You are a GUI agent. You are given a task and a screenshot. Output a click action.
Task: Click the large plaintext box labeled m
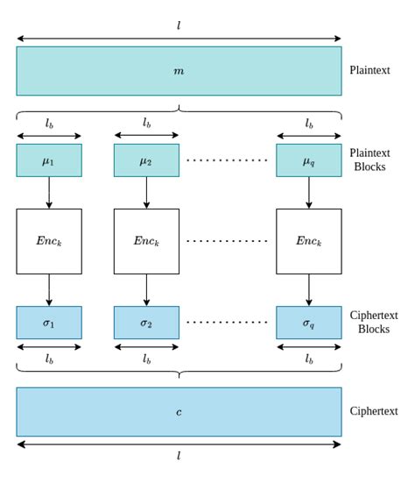(x=179, y=71)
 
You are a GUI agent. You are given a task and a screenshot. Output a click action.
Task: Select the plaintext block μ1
(x=49, y=160)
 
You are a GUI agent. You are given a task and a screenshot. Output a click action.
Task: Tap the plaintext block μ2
(x=146, y=160)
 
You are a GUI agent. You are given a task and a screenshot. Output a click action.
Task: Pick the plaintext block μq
(x=309, y=160)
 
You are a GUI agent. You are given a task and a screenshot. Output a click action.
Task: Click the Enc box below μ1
(x=49, y=241)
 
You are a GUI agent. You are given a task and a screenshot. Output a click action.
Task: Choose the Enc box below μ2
(x=146, y=241)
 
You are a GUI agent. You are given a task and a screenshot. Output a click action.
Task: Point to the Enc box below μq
(x=309, y=241)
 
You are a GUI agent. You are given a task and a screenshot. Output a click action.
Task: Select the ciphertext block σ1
(x=49, y=323)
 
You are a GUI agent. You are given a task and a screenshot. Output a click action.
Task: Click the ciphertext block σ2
(x=146, y=323)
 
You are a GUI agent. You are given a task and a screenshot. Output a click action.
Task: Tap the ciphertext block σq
(x=309, y=323)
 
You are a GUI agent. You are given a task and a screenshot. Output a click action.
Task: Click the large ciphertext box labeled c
(x=179, y=412)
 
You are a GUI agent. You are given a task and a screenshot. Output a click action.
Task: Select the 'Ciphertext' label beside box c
(x=374, y=411)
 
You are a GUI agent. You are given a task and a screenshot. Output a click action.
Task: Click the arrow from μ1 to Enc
(x=49, y=193)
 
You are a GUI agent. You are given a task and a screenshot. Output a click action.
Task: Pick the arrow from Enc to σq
(x=309, y=290)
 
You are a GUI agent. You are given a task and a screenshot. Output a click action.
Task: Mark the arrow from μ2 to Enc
(x=146, y=193)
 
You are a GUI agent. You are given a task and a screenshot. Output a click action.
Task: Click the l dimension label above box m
(x=179, y=25)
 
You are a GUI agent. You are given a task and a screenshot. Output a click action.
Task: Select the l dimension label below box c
(x=179, y=457)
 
